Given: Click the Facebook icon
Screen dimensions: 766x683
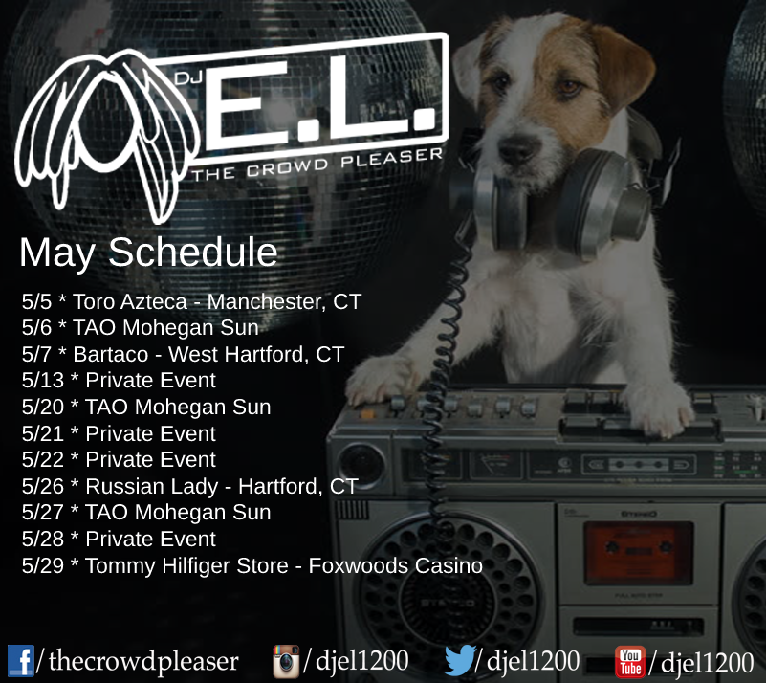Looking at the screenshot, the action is coord(20,661).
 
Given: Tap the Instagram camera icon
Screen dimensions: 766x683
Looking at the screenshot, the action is coord(286,662).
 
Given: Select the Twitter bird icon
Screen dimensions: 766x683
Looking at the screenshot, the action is coord(460,660).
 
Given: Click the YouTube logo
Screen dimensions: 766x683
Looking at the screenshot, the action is coord(630,662).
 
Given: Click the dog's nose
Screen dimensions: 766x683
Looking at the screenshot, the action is coord(519,148).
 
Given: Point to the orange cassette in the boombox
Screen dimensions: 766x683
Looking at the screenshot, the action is coord(639,552).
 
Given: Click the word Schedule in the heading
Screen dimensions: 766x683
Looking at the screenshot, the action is coord(193,253).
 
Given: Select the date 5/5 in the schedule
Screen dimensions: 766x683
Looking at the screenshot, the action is coord(36,302).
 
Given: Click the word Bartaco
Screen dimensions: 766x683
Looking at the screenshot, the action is coord(110,354).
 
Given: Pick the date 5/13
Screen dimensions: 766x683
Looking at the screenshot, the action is coord(42,381).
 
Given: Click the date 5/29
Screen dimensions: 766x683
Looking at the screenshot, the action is coord(42,565).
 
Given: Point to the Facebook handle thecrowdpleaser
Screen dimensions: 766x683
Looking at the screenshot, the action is coord(143,661).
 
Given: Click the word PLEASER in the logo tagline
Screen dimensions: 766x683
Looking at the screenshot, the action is coord(392,158).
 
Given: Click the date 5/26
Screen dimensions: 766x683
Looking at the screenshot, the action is coord(42,487).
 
